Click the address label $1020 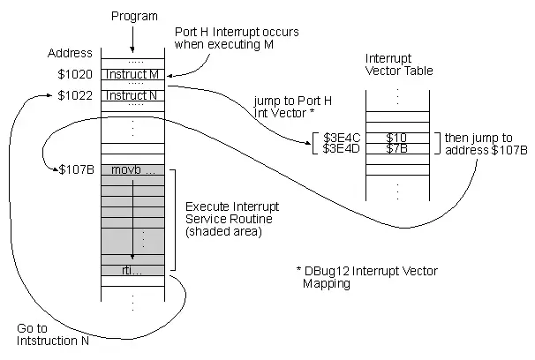[75, 74]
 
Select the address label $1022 [75, 95]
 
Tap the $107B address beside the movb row [77, 169]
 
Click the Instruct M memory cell [132, 74]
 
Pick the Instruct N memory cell [132, 95]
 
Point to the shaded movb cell [132, 169]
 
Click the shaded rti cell [132, 270]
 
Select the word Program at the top [134, 16]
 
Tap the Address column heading [70, 53]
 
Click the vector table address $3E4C [342, 138]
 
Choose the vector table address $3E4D [342, 148]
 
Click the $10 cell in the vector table [397, 138]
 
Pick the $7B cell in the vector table [397, 148]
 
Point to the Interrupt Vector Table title [399, 64]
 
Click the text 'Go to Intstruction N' [53, 334]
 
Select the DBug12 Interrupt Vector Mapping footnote [367, 277]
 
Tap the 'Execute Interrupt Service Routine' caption [232, 219]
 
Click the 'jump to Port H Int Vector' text [293, 107]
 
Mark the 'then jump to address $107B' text [486, 144]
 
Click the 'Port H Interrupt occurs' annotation [237, 38]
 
